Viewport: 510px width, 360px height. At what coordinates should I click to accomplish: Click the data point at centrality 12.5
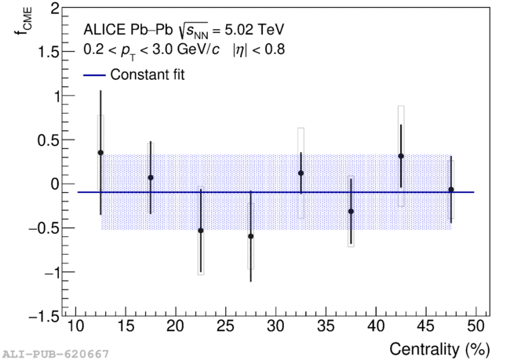tap(100, 152)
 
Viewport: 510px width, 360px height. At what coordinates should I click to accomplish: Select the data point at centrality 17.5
tap(151, 177)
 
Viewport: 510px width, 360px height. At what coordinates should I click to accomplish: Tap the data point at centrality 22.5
tap(201, 231)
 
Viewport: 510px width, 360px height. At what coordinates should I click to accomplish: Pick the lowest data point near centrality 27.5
tap(251, 236)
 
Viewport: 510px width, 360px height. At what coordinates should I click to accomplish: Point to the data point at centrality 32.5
tap(301, 173)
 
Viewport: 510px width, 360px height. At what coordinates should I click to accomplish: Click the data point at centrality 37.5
tap(351, 212)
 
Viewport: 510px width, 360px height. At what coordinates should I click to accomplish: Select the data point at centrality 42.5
tap(401, 156)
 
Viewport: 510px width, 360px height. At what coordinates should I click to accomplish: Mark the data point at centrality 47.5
tap(451, 190)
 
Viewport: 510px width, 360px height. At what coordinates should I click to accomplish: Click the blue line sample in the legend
tap(95, 75)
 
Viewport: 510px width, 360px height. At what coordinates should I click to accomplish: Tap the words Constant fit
tap(148, 75)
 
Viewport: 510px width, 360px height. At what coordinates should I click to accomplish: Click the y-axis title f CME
tap(24, 21)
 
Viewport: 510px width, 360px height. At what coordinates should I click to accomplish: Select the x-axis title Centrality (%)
tap(439, 350)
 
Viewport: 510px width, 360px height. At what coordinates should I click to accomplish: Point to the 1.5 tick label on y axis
tap(49, 52)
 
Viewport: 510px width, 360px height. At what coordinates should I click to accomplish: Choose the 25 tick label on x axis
tap(226, 325)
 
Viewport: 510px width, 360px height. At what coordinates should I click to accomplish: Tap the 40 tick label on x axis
tap(376, 325)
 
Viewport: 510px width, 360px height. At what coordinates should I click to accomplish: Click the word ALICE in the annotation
tap(104, 30)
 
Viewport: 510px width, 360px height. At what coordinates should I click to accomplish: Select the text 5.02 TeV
tap(254, 30)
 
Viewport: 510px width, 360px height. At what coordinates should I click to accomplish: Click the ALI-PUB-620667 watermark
tap(56, 354)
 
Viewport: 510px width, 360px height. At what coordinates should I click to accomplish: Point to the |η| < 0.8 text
tap(259, 49)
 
